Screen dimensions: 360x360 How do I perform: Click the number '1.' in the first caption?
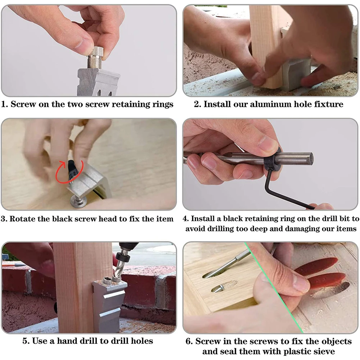point(5,104)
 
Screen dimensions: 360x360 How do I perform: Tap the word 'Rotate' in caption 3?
point(22,219)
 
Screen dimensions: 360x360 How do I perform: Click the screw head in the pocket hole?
point(217,288)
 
